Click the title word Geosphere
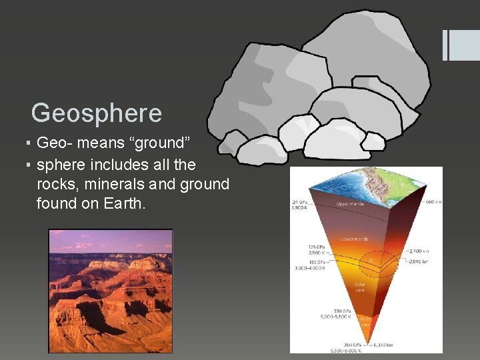[x=97, y=113]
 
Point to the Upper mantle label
[x=352, y=203]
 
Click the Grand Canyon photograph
[x=110, y=291]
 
